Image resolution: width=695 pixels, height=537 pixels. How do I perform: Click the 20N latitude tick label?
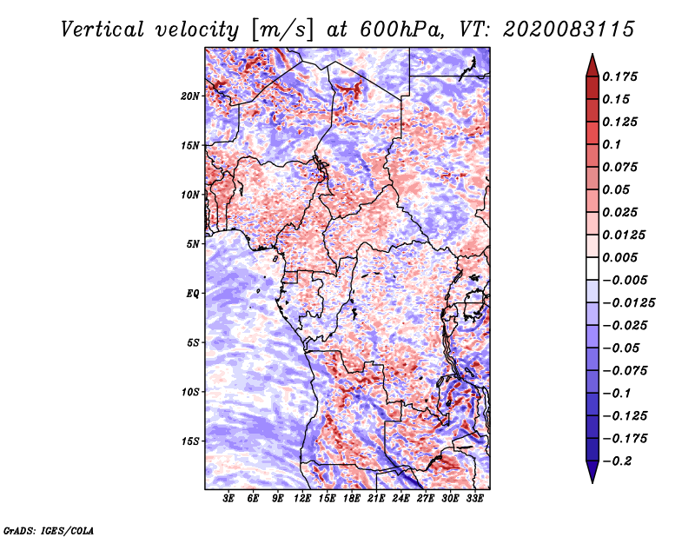190,96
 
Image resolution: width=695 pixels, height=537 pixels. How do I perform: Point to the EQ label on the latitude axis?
193,294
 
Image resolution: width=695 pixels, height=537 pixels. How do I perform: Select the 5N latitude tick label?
193,244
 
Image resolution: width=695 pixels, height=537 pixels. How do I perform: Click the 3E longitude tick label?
228,499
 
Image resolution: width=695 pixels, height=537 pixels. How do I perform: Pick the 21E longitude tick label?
376,499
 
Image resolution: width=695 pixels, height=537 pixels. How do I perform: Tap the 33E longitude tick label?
474,499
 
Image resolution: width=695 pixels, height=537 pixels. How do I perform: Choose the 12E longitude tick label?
302,499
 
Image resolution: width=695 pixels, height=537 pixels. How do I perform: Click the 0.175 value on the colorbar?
619,76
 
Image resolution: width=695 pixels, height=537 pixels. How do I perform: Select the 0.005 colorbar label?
619,257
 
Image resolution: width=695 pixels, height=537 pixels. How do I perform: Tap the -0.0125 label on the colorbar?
628,303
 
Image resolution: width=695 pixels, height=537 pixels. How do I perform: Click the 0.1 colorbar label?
612,144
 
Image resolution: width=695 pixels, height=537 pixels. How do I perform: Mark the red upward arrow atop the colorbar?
592,65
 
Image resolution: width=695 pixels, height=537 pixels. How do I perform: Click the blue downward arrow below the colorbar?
592,472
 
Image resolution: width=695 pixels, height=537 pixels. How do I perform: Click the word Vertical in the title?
103,30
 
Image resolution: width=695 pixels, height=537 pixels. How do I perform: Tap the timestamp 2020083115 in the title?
569,30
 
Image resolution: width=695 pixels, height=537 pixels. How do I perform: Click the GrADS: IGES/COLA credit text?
49,530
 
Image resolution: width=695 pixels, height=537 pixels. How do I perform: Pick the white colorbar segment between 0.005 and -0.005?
592,268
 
